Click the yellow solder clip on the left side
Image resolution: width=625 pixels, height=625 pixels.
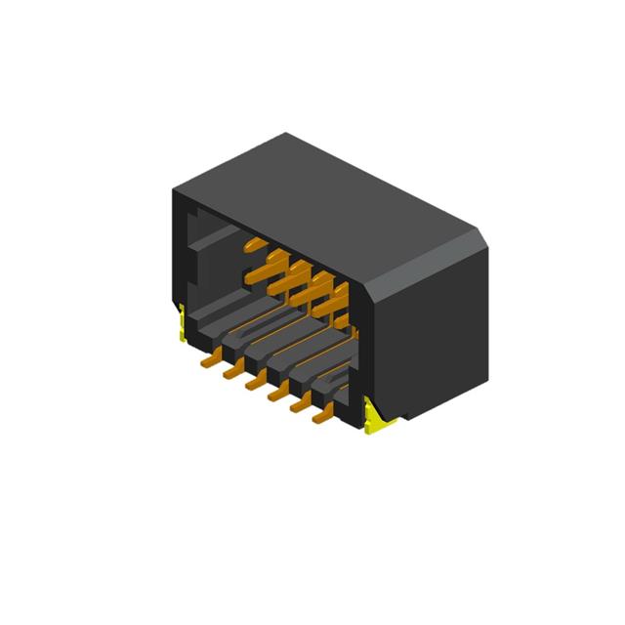pyautogui.click(x=181, y=324)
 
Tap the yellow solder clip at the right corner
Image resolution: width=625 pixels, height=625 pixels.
pyautogui.click(x=375, y=416)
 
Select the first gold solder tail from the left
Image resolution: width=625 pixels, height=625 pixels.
pyautogui.click(x=208, y=360)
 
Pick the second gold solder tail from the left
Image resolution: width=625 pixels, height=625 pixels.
pyautogui.click(x=231, y=372)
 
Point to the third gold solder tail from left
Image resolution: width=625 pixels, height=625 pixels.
pyautogui.click(x=254, y=384)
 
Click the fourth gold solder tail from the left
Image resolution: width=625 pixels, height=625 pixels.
pyautogui.click(x=276, y=395)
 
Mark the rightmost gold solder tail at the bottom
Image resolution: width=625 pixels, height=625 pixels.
pyautogui.click(x=320, y=417)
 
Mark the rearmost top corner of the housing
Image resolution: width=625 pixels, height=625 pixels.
pyautogui.click(x=286, y=134)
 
